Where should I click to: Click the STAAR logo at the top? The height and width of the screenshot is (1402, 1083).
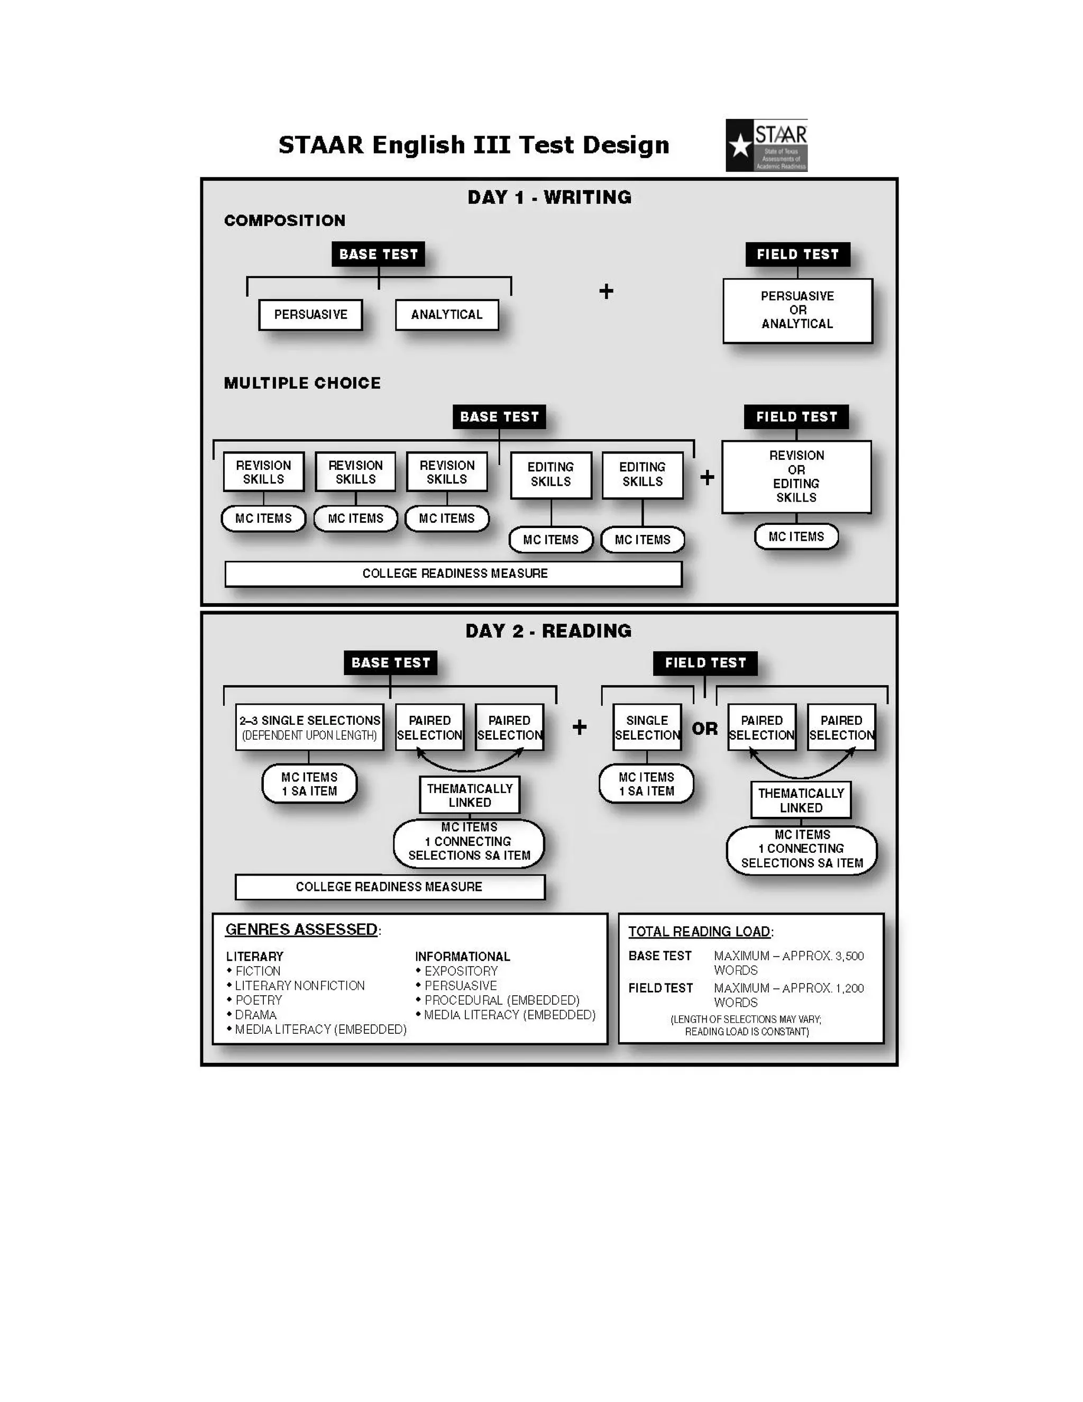(766, 145)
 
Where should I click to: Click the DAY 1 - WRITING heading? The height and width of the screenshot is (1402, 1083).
(549, 197)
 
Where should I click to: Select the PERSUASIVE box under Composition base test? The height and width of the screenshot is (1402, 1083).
(310, 315)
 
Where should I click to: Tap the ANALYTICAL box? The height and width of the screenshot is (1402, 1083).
(446, 315)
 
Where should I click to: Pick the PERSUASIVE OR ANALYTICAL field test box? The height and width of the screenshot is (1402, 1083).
(797, 310)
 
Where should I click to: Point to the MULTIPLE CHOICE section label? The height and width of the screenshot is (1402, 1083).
(302, 383)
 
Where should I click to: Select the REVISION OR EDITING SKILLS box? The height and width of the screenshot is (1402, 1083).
(796, 476)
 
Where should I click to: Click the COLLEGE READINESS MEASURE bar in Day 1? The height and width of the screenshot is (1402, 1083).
(454, 573)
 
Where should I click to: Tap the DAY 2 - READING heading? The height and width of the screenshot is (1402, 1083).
(548, 631)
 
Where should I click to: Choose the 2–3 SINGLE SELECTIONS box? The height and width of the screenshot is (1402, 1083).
(309, 727)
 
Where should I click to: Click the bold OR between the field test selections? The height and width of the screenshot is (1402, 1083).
(704, 729)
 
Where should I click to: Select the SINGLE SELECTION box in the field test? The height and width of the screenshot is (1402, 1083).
(647, 727)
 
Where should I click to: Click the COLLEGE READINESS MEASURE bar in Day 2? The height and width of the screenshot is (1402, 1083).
(389, 887)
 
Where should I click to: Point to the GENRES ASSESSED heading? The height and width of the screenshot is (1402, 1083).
(301, 930)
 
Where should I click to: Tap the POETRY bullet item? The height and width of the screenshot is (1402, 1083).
(259, 1000)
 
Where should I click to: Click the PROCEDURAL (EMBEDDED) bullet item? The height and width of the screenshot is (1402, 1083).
(502, 1000)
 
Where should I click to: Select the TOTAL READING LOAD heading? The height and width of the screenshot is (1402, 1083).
(699, 932)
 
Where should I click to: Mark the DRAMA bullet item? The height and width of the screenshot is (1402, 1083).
(255, 1015)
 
